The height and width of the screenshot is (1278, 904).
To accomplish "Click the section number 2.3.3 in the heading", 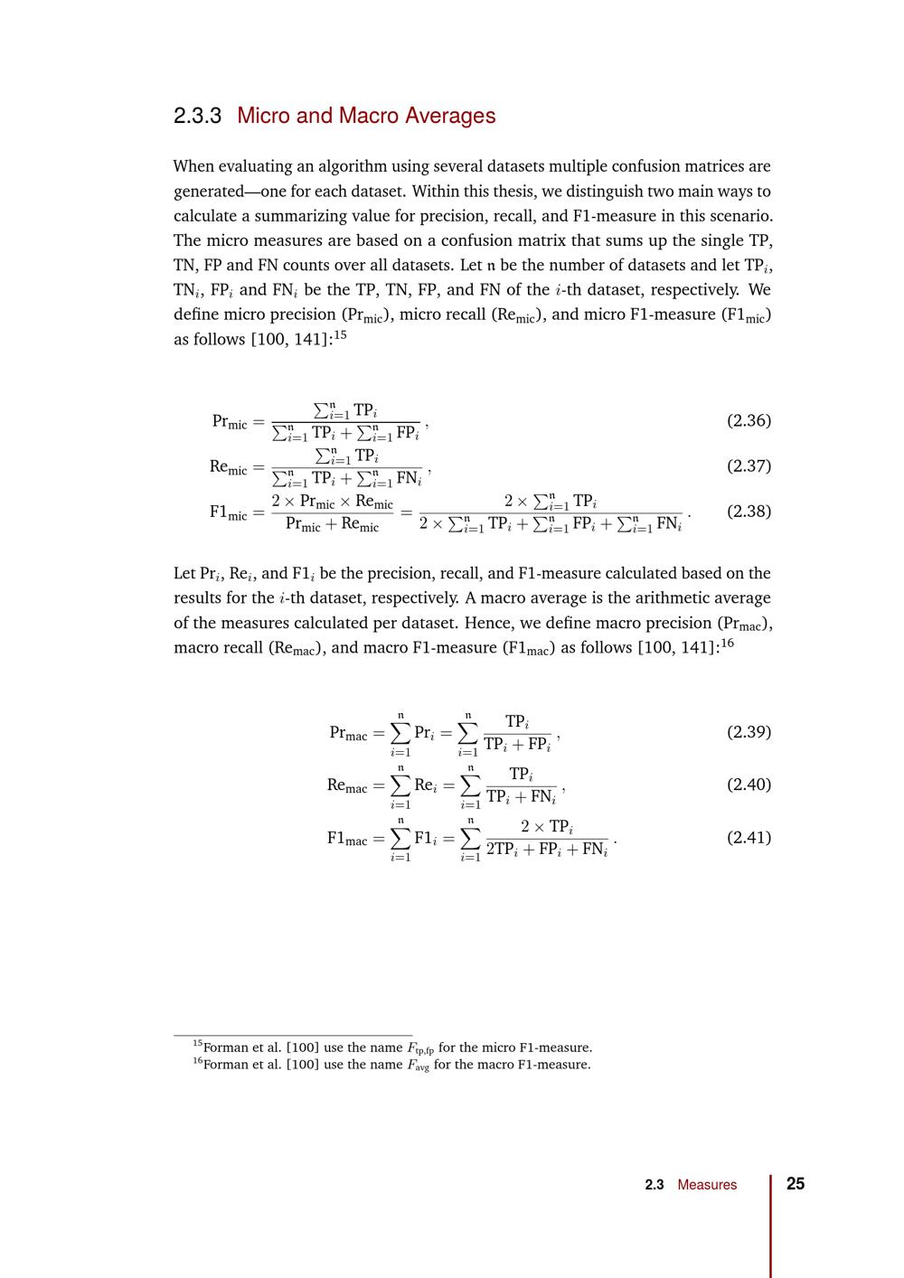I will [x=197, y=117].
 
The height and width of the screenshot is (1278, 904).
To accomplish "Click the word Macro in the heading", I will [x=369, y=117].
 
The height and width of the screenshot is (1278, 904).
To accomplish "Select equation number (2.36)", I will [x=749, y=420].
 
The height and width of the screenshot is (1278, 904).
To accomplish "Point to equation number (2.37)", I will [x=749, y=465].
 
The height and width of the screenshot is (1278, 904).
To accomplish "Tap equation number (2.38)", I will [x=749, y=511].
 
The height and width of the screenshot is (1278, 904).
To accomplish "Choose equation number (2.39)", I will [x=749, y=731].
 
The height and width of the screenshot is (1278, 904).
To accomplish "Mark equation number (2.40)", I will [x=749, y=784].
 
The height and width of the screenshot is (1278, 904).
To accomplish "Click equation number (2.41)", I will [x=749, y=837].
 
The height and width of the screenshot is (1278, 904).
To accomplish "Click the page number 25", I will [x=796, y=1184].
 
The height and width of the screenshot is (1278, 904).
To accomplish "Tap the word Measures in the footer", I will [x=707, y=1185].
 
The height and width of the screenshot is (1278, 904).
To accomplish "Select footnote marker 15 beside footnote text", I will [x=197, y=1045].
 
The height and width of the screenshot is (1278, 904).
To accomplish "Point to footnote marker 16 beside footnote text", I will [x=197, y=1061].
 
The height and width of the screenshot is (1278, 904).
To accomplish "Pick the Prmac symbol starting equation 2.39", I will [x=348, y=734].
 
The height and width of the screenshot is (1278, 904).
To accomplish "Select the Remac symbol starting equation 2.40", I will [x=347, y=786].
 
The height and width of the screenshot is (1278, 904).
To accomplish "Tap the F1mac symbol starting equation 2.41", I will [x=347, y=839].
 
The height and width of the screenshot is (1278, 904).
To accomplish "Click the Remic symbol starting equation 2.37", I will [x=228, y=467].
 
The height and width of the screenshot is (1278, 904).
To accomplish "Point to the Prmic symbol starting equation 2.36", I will [x=230, y=422].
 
